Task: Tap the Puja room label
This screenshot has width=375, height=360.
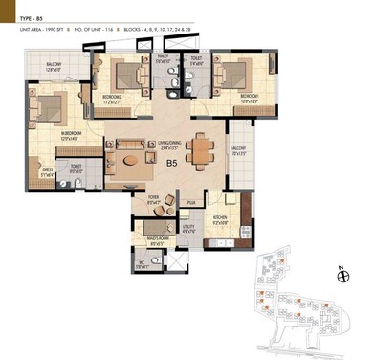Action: (x=190, y=203)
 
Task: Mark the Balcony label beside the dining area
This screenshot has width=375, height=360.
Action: (x=238, y=151)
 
